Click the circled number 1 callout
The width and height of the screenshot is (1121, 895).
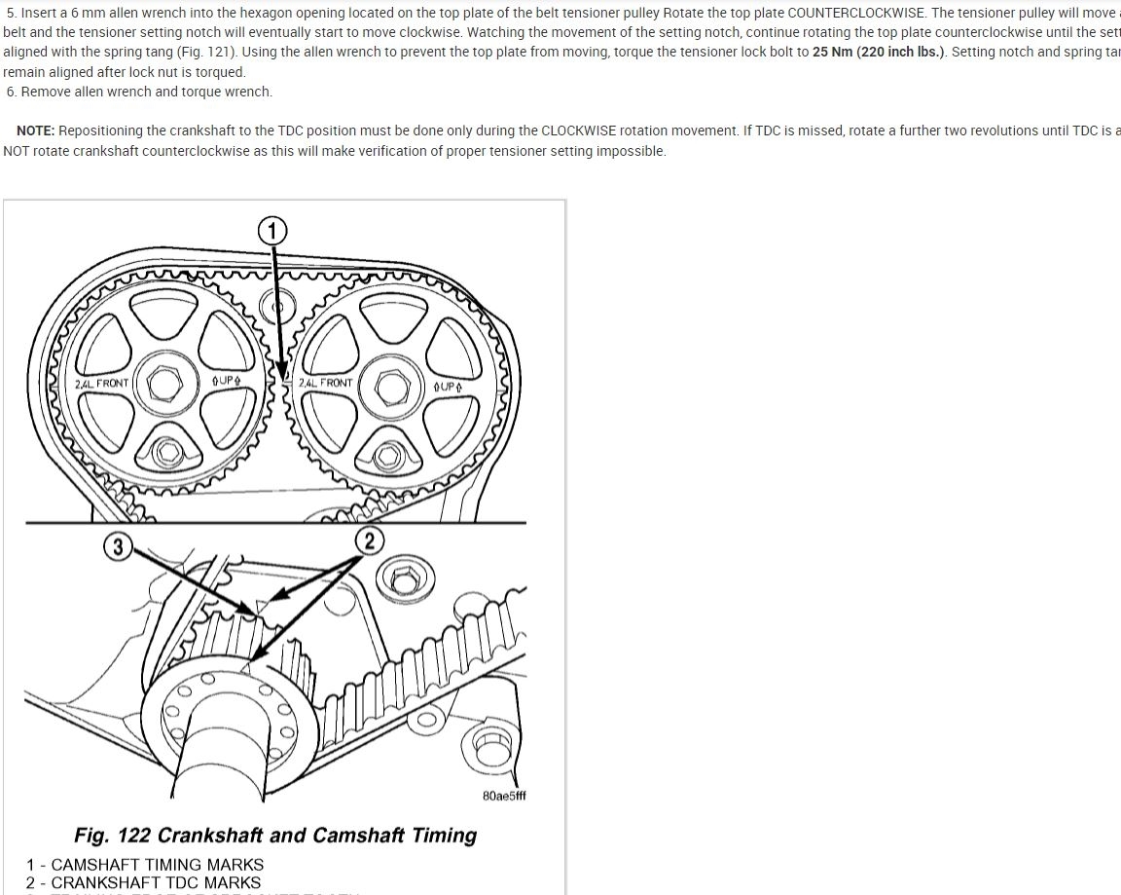point(272,231)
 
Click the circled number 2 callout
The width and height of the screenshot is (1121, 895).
point(369,541)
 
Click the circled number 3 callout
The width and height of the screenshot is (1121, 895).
point(118,546)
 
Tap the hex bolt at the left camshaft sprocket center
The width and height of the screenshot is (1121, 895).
point(162,383)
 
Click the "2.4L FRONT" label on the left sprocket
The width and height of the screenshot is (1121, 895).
point(101,384)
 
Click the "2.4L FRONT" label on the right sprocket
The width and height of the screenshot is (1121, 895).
point(326,383)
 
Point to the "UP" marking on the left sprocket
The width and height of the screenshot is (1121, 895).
point(226,380)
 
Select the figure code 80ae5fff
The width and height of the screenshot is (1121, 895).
point(504,796)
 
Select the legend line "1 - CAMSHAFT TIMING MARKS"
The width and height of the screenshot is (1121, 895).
point(145,865)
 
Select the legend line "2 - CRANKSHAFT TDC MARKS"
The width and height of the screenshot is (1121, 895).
point(144,883)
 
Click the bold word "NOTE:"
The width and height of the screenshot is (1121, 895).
point(35,131)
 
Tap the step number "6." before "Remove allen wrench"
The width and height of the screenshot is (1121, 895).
point(12,92)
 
